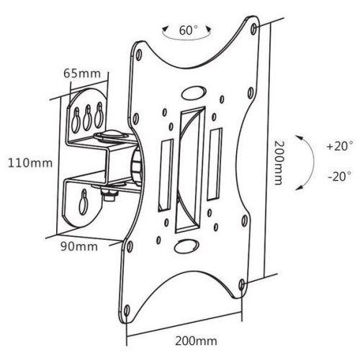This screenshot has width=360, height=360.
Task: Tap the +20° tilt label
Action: pos(338,146)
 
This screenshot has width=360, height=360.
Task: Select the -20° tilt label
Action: pos(338,175)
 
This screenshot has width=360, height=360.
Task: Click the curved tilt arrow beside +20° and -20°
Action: pos(308,160)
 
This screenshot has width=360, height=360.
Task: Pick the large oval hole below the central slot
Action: pos(186,244)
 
